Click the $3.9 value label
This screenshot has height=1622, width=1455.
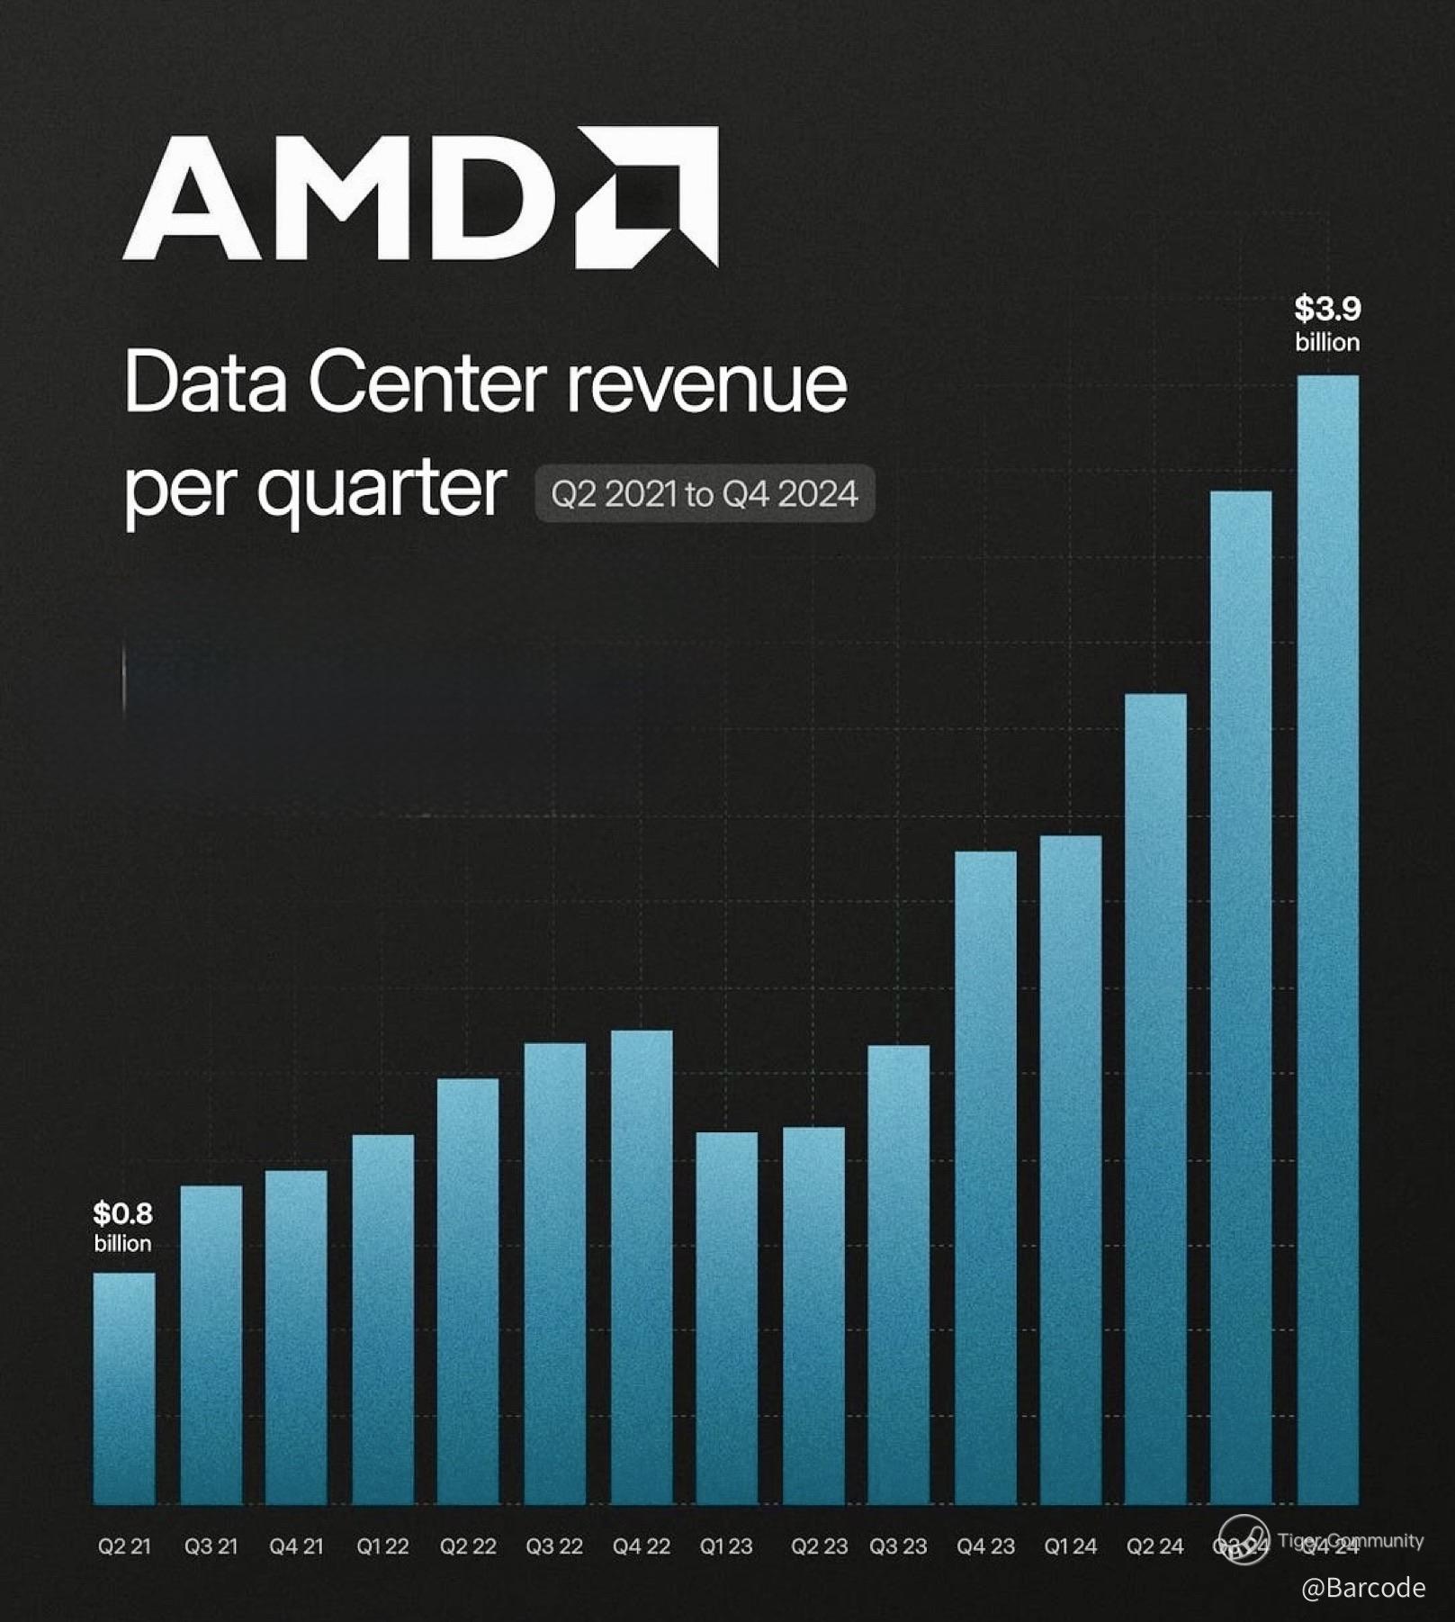coord(1327,310)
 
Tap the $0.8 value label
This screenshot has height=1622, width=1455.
coord(123,1214)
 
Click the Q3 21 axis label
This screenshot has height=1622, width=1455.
coord(211,1546)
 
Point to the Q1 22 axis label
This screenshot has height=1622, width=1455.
coord(382,1546)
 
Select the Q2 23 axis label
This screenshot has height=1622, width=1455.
coord(819,1546)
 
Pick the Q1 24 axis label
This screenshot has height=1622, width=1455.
coord(1070,1546)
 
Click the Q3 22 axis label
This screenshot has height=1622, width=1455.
coord(554,1546)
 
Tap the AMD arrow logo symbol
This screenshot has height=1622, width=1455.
coord(648,196)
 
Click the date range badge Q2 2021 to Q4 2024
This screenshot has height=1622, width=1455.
coord(705,493)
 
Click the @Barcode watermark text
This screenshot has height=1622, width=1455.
coord(1362,1587)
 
